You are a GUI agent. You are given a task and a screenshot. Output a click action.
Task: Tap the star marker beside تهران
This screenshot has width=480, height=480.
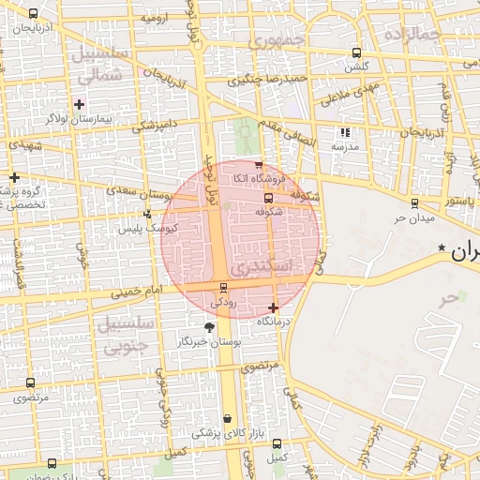coord(442,247)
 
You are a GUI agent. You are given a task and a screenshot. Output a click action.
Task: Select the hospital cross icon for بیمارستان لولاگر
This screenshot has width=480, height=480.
coord(79,104)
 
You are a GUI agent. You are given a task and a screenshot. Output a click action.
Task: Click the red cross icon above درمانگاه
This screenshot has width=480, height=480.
coord(273,307)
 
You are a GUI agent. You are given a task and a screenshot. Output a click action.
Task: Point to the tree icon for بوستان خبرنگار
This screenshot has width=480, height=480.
coord(208,328)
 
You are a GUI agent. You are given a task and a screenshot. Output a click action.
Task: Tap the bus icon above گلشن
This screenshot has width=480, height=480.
coord(355,52)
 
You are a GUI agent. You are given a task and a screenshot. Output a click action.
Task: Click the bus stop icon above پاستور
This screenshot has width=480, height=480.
coord(413,202)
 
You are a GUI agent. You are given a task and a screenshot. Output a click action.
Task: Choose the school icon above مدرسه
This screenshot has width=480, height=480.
coord(345,133)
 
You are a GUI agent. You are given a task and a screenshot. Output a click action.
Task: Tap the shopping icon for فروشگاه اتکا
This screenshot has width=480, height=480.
coord(259,165)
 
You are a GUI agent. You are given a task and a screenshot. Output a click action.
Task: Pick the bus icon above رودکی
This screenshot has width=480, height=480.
coord(222,288)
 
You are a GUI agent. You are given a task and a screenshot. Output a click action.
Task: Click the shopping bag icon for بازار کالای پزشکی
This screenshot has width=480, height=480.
coord(226,418)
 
